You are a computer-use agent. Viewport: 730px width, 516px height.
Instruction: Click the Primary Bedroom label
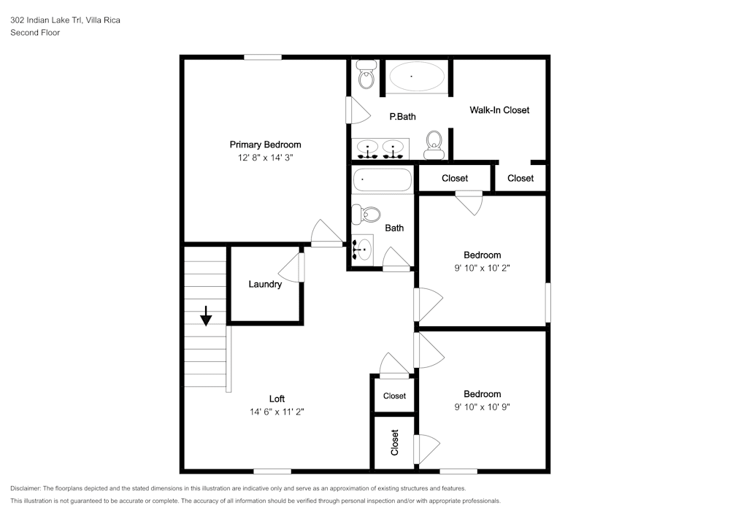pos(266,145)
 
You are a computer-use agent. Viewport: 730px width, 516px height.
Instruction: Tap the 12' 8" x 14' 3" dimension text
pos(266,158)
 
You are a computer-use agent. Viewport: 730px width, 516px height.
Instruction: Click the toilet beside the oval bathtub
pos(366,75)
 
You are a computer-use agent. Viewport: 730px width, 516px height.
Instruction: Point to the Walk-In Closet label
pos(499,110)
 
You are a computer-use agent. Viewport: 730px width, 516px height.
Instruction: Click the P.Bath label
pos(403,117)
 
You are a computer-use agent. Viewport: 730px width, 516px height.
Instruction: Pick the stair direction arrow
pos(206,316)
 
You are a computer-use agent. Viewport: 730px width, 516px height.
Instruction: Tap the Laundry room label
pos(265,285)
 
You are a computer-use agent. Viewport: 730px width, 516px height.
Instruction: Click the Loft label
pos(277,398)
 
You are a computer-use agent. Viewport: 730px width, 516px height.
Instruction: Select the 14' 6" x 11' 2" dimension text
pos(277,412)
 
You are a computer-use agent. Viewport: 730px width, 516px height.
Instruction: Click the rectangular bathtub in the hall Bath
pos(383,180)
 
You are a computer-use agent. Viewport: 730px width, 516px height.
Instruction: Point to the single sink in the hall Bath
pos(362,250)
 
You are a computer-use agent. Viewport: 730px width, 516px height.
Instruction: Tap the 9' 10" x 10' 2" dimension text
pos(483,268)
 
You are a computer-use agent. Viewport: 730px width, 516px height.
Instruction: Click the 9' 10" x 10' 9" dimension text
pos(483,407)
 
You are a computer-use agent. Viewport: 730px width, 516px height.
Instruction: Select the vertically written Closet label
pos(395,442)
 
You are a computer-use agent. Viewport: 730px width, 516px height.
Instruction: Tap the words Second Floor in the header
pos(35,33)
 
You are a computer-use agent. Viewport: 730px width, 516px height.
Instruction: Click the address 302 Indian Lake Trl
pos(46,20)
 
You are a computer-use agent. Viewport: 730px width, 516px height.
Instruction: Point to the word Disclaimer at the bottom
pos(26,488)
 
